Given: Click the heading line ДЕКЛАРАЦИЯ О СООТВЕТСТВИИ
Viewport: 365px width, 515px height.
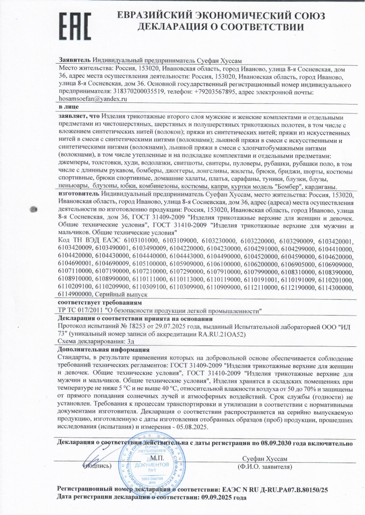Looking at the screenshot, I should (220, 27).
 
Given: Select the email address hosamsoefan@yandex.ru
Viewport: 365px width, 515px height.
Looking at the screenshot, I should (93, 99).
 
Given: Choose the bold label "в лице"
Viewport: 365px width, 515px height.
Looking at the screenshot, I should (68, 107).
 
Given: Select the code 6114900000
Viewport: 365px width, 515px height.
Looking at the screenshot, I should (75, 294).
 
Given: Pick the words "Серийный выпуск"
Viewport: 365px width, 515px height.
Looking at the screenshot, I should (121, 294).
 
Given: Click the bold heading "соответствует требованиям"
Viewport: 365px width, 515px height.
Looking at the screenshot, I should (100, 303).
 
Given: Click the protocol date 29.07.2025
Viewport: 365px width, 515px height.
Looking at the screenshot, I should (169, 327).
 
